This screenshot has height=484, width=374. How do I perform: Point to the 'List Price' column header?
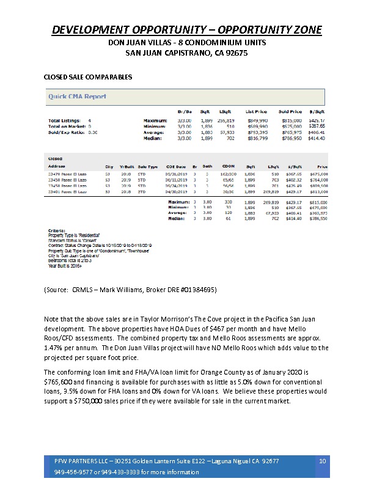click(x=252, y=112)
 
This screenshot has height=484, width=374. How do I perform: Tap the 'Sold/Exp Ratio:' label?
click(x=64, y=131)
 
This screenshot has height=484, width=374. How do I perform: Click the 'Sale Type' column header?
click(x=148, y=166)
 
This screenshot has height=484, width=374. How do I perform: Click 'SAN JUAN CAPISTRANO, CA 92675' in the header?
click(x=186, y=53)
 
